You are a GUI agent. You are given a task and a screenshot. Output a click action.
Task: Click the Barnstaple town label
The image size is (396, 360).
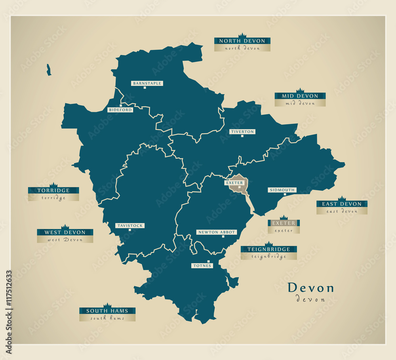[x=147, y=83]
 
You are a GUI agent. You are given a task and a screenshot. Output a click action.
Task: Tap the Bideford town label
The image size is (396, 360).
[x=120, y=110]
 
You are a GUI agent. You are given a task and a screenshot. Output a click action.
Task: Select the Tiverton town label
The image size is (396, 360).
[x=242, y=131]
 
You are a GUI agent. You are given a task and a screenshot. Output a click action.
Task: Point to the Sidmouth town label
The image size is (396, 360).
[x=282, y=190]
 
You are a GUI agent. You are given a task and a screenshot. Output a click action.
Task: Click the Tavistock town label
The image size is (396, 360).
[x=129, y=225]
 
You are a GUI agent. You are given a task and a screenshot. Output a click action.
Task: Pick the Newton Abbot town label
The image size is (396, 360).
[x=217, y=232]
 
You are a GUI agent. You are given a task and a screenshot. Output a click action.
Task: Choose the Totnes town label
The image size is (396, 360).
[x=202, y=265]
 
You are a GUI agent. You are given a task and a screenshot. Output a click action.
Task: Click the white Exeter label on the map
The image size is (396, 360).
[x=234, y=183]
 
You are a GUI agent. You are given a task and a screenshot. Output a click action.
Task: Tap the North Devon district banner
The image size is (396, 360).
[x=242, y=41]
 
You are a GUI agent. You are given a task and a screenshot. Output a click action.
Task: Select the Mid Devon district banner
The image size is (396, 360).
[x=300, y=96]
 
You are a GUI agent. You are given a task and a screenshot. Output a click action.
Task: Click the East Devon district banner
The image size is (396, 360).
[x=342, y=204]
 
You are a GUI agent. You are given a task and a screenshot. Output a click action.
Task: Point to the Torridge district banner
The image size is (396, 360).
[x=53, y=190]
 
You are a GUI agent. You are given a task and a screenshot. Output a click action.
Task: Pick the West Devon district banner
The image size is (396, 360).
[x=65, y=232]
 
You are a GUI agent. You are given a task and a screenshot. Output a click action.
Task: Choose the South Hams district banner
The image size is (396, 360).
[x=107, y=311]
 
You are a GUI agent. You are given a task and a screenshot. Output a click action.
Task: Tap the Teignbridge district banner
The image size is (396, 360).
[x=269, y=250]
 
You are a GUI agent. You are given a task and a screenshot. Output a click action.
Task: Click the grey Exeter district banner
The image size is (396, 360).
[x=284, y=223]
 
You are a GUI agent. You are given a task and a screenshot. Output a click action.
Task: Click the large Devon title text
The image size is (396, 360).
[x=310, y=288]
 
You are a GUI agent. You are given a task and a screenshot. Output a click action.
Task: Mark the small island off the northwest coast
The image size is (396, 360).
[x=49, y=70]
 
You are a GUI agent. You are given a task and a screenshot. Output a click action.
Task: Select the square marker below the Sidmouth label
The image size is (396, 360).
[x=285, y=194]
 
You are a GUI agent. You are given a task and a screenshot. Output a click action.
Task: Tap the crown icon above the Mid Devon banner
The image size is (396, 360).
[x=300, y=90]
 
